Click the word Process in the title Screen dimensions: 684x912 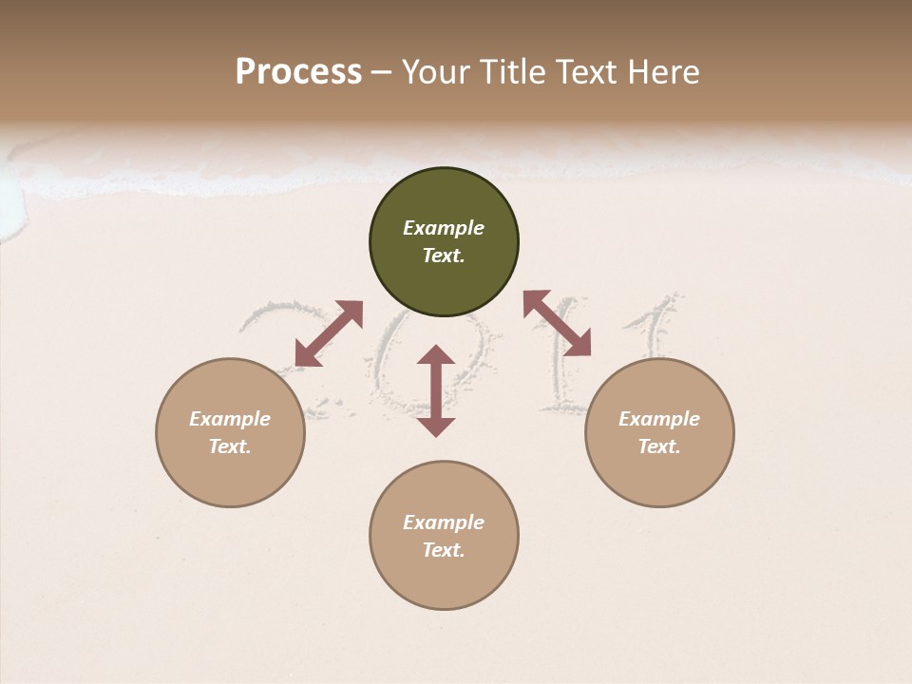tap(298, 72)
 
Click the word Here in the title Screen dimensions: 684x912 tap(664, 72)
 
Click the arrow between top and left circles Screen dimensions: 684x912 tap(329, 333)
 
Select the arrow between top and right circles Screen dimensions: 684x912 tap(557, 323)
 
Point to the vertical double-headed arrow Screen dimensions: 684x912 tap(436, 390)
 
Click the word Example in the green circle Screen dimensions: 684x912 tap(444, 228)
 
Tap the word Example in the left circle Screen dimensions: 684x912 tap(230, 419)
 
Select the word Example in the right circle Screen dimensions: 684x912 tap(659, 419)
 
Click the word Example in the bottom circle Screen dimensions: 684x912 tap(444, 522)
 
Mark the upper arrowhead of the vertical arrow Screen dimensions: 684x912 tap(436, 357)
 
